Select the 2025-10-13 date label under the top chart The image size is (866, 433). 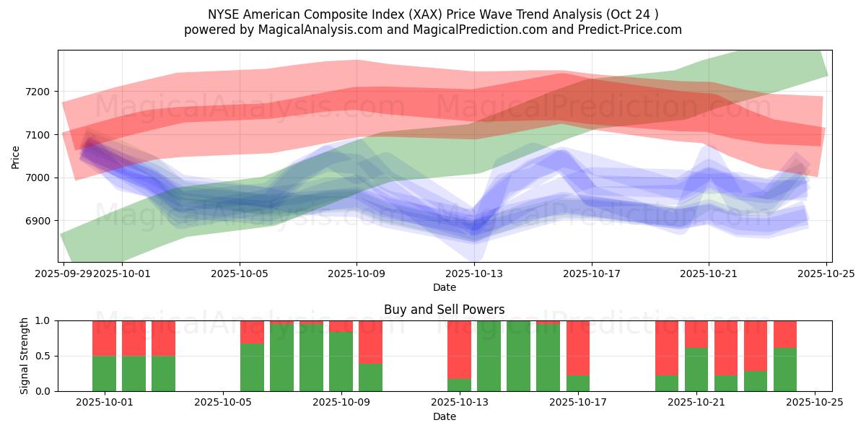474,274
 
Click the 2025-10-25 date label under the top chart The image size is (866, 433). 826,274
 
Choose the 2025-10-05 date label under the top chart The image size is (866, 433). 240,274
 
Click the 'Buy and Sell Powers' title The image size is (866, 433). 445,310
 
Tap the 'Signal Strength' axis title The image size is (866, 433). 25,356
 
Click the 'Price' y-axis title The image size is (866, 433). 16,156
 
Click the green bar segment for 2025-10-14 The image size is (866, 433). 518,356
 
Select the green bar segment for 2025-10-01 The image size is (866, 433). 105,374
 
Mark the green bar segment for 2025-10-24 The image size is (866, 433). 785,369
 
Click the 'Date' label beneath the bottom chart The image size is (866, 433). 445,416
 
